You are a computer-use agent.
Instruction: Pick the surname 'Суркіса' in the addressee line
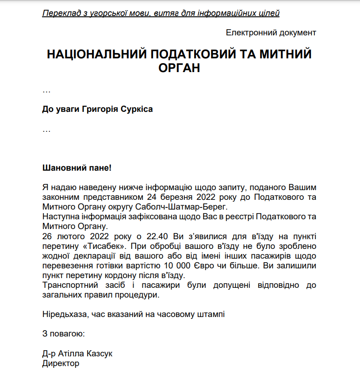(x=137, y=109)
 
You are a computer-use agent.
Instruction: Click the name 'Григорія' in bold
(x=100, y=109)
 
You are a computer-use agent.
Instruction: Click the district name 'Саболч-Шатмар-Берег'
(x=191, y=206)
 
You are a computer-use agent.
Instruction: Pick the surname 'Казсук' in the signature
(x=101, y=354)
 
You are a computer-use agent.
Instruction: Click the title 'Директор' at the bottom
(x=61, y=363)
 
